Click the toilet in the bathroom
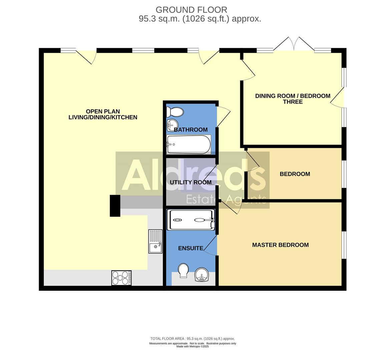click(175, 112)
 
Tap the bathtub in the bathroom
click(189, 144)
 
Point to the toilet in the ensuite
click(183, 270)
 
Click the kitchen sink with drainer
click(155, 241)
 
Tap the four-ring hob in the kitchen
click(121, 278)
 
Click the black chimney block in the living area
click(115, 206)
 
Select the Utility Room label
click(190, 182)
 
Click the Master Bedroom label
click(280, 245)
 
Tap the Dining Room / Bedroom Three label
click(293, 99)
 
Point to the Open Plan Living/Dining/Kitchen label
click(103, 114)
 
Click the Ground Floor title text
click(191, 10)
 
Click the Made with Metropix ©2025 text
click(192, 347)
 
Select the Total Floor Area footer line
click(192, 338)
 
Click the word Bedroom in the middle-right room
click(295, 174)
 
